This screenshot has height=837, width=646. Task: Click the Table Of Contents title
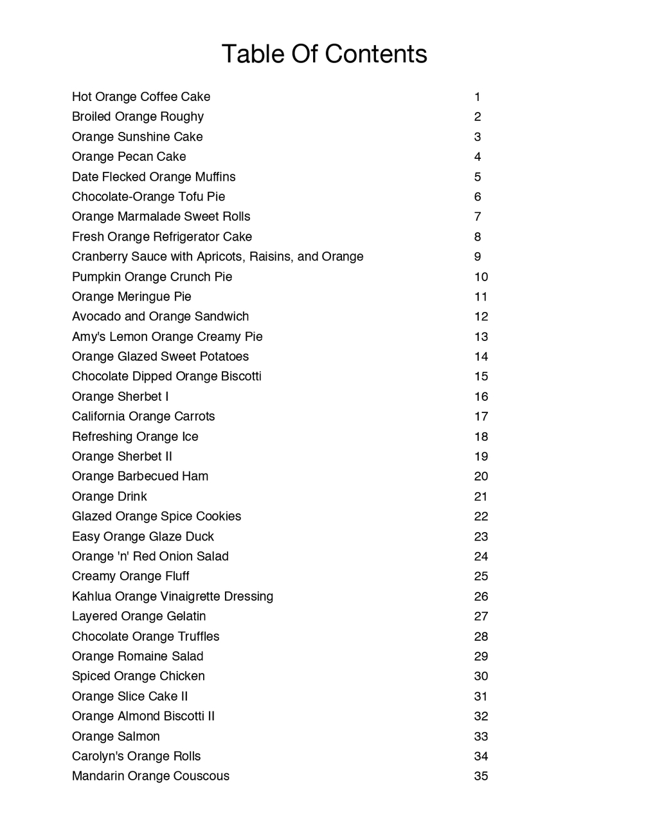click(324, 54)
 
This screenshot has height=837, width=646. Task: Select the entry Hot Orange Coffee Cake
click(141, 97)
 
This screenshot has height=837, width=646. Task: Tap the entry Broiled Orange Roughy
click(138, 117)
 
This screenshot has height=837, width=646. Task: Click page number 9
click(478, 257)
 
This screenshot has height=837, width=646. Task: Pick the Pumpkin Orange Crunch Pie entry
click(152, 277)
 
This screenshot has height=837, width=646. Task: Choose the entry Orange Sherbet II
click(121, 457)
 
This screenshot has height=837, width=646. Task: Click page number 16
click(481, 397)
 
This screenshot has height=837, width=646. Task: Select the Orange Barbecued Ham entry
click(139, 477)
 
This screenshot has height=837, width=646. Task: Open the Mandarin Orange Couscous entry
click(150, 776)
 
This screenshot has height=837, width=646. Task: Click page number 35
click(481, 776)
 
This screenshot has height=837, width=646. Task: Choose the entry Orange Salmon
click(116, 737)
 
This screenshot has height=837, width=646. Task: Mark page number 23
click(481, 537)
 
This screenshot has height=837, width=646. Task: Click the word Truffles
click(199, 636)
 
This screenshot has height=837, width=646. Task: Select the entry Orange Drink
click(109, 497)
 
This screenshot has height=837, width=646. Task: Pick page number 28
click(481, 636)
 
